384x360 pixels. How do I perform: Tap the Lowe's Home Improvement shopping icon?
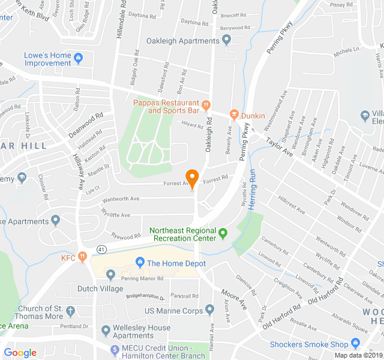tap(79, 58)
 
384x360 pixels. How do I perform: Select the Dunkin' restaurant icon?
tap(234, 115)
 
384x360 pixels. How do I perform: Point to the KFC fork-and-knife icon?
tap(82, 258)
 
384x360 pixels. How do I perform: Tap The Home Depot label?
tap(176, 263)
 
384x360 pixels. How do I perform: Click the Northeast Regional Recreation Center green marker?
tap(223, 233)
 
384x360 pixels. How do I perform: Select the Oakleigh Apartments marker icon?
tap(226, 41)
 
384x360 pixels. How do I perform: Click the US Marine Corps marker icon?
tap(209, 310)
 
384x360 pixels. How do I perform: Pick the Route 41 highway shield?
tap(100, 248)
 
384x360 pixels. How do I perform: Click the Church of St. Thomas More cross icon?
tap(71, 311)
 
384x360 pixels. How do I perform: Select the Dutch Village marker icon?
tap(110, 275)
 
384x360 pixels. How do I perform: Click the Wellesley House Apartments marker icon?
tap(106, 330)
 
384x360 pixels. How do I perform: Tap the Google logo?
tap(20, 352)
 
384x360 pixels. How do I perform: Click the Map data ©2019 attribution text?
tap(358, 355)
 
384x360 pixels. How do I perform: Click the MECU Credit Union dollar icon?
tap(115, 349)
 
